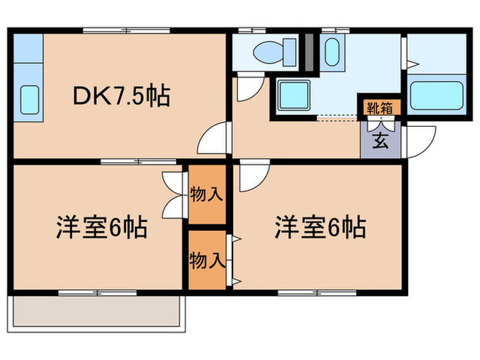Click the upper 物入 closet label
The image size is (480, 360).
[206, 195]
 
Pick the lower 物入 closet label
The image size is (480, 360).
[206, 260]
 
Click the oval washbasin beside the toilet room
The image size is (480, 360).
[331, 51]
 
